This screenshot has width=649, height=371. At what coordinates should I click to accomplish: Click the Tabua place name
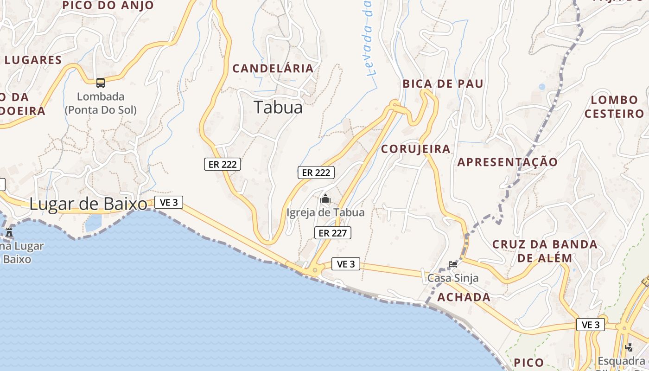click(278, 108)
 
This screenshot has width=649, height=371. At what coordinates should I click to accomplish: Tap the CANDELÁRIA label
click(273, 69)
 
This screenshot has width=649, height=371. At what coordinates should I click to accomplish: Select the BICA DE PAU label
click(443, 84)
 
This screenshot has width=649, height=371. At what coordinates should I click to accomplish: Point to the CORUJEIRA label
click(415, 149)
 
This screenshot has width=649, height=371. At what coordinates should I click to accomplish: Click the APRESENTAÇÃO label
click(508, 162)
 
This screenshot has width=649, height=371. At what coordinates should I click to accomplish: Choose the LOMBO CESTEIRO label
click(615, 107)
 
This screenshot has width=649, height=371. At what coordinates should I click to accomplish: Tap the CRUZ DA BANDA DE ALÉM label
click(545, 251)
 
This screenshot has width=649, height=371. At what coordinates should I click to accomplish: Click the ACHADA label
click(464, 297)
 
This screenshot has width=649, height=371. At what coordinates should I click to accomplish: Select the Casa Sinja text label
click(453, 278)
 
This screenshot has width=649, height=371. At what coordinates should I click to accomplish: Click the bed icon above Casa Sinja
click(453, 264)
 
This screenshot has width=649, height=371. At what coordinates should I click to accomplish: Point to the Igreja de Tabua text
click(325, 212)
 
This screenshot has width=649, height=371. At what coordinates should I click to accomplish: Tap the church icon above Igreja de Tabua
click(325, 199)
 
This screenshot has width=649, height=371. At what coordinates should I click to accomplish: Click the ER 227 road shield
click(333, 233)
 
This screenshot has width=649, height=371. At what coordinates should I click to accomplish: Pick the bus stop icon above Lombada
click(101, 83)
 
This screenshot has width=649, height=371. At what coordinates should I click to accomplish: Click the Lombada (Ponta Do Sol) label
click(101, 103)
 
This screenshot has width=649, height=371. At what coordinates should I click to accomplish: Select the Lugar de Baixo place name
click(89, 204)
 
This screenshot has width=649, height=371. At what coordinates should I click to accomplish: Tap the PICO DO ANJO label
click(108, 6)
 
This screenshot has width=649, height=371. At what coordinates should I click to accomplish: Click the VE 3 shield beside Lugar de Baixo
click(169, 202)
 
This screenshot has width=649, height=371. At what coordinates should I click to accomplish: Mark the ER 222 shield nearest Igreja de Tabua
click(316, 173)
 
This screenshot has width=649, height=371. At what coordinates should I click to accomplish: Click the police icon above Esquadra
click(629, 347)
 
